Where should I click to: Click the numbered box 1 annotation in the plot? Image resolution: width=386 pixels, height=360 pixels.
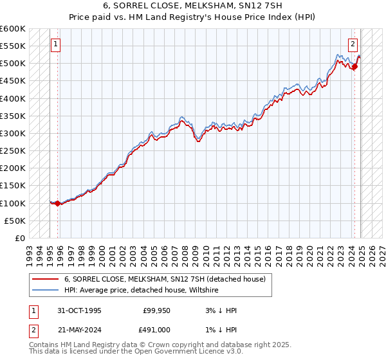coord(56,44)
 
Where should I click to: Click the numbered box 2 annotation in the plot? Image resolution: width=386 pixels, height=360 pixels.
coord(353,44)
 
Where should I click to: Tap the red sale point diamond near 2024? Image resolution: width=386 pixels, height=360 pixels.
coord(354,66)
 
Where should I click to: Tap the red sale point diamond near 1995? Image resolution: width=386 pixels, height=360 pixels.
coord(58,203)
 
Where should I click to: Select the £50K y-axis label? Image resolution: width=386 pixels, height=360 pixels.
coord(15,221)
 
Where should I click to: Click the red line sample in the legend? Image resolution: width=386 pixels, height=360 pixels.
coord(46,279)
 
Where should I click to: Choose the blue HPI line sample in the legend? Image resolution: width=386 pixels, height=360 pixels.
coord(46,291)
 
